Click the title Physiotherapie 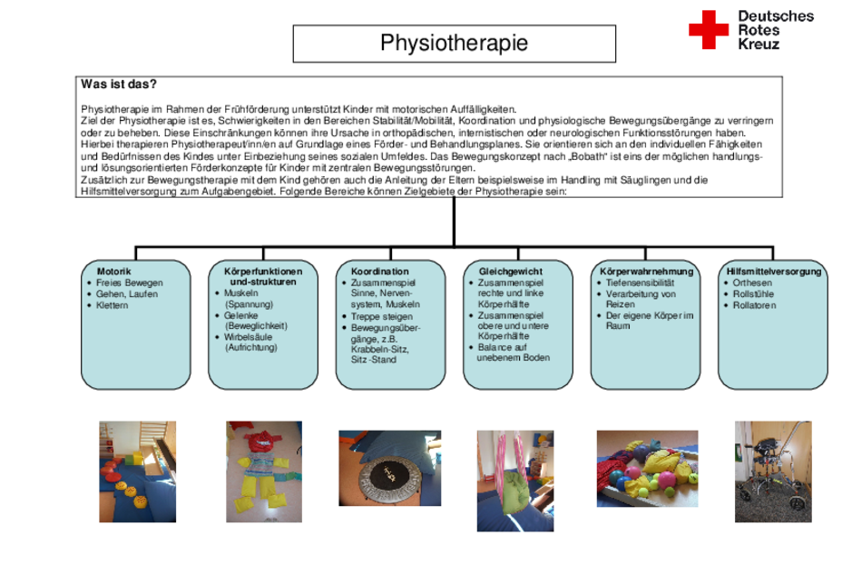tap(454, 43)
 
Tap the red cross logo tap(709, 30)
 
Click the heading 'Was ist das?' tap(119, 84)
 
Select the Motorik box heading tap(113, 272)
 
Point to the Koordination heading tap(380, 272)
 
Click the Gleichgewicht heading tap(510, 272)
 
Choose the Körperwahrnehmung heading tap(646, 272)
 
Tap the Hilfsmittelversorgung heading tap(773, 272)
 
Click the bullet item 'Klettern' tap(113, 305)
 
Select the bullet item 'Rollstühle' tap(753, 294)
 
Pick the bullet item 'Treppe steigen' tap(381, 317)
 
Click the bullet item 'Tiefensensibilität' tap(640, 283)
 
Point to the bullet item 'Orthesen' tap(752, 283)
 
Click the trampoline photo tap(390, 468)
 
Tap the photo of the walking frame tap(773, 472)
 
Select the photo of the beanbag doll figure tap(264, 472)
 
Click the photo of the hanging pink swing tap(515, 481)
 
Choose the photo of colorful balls tap(647, 469)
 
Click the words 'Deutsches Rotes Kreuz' tap(776, 30)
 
